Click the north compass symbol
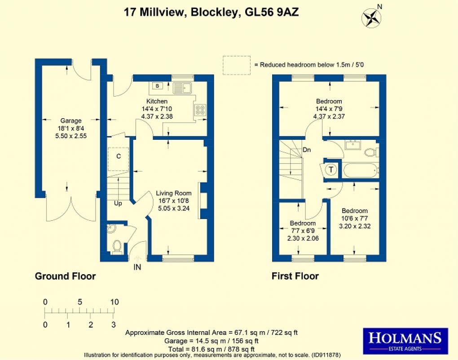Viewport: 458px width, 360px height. point(371,17)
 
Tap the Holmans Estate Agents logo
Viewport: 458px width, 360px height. point(405,340)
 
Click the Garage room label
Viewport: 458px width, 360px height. point(71,120)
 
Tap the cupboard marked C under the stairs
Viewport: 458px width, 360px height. point(119,156)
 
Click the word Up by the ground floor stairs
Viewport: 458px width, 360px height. point(118,203)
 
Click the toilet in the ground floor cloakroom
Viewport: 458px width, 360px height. point(117,246)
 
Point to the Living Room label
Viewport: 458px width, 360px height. point(174,193)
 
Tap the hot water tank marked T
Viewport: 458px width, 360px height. point(331,169)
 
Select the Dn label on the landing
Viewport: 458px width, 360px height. point(307,150)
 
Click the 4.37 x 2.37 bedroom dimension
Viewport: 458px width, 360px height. point(329,116)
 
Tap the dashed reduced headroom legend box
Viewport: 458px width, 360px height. point(237,65)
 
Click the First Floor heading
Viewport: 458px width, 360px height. point(295,276)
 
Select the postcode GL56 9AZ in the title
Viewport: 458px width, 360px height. point(272,13)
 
